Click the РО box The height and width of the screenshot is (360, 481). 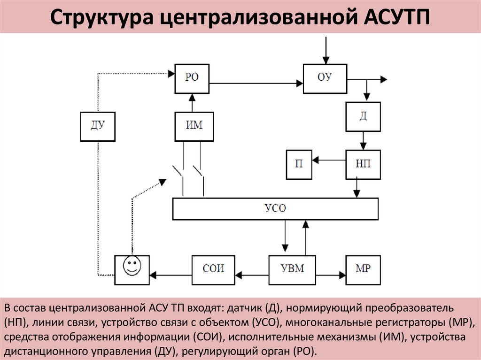(192, 78)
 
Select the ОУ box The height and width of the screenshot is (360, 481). (325, 77)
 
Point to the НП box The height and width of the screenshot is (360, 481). (363, 164)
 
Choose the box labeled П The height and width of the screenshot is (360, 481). (299, 164)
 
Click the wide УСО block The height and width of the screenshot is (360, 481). (275, 208)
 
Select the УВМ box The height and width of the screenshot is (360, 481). (293, 269)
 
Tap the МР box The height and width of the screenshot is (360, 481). (363, 269)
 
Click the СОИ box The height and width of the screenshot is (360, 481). (214, 269)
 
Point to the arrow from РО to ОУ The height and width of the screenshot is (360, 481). (256, 84)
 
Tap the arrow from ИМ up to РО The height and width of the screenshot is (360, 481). (192, 103)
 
